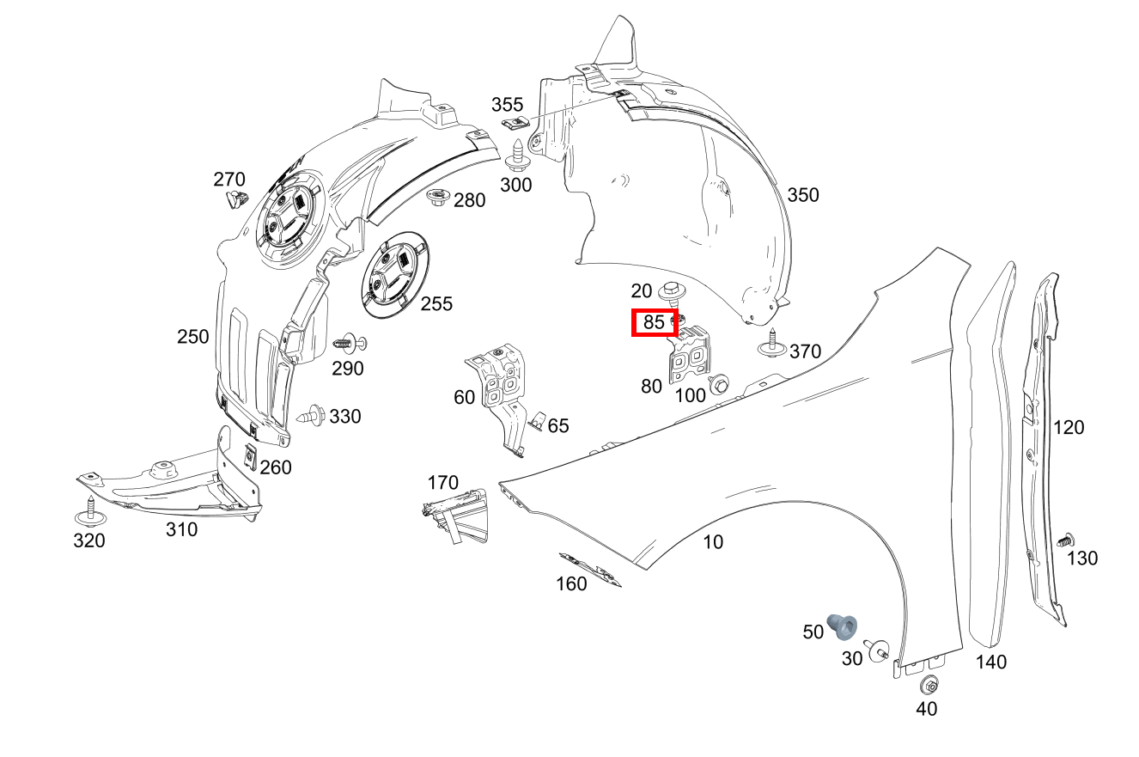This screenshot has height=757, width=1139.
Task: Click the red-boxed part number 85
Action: click(x=655, y=323)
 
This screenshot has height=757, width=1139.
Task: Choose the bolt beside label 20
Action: click(x=672, y=296)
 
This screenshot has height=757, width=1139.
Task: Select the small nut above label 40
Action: click(x=928, y=686)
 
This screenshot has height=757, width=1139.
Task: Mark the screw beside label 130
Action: click(x=1064, y=541)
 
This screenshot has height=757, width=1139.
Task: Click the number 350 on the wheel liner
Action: click(x=803, y=195)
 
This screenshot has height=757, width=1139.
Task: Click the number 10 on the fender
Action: click(x=713, y=542)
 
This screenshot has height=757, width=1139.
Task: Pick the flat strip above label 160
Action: click(x=590, y=568)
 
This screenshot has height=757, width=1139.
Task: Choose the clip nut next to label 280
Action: click(x=438, y=197)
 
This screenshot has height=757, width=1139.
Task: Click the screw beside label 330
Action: click(x=312, y=418)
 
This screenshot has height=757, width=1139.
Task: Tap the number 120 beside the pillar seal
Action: click(x=1069, y=427)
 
